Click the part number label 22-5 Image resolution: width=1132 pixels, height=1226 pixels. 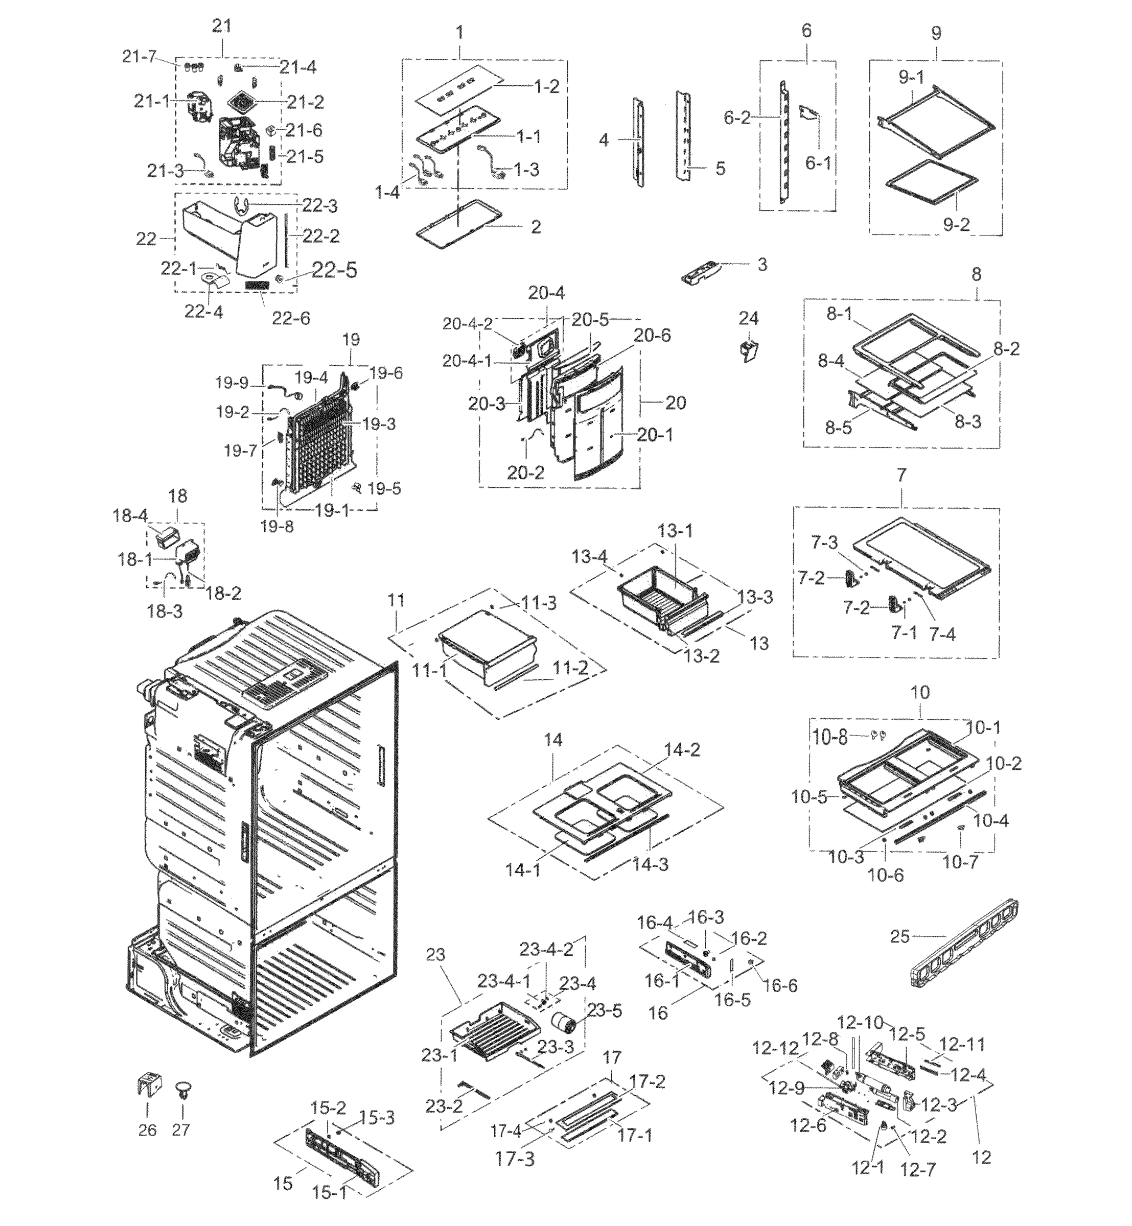(x=334, y=270)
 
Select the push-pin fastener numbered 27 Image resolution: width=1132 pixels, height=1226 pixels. (x=182, y=1091)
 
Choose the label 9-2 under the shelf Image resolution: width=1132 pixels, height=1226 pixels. (x=956, y=225)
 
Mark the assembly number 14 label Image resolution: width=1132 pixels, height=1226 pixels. (x=552, y=740)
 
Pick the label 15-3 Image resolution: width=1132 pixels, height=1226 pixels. (x=377, y=1118)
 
